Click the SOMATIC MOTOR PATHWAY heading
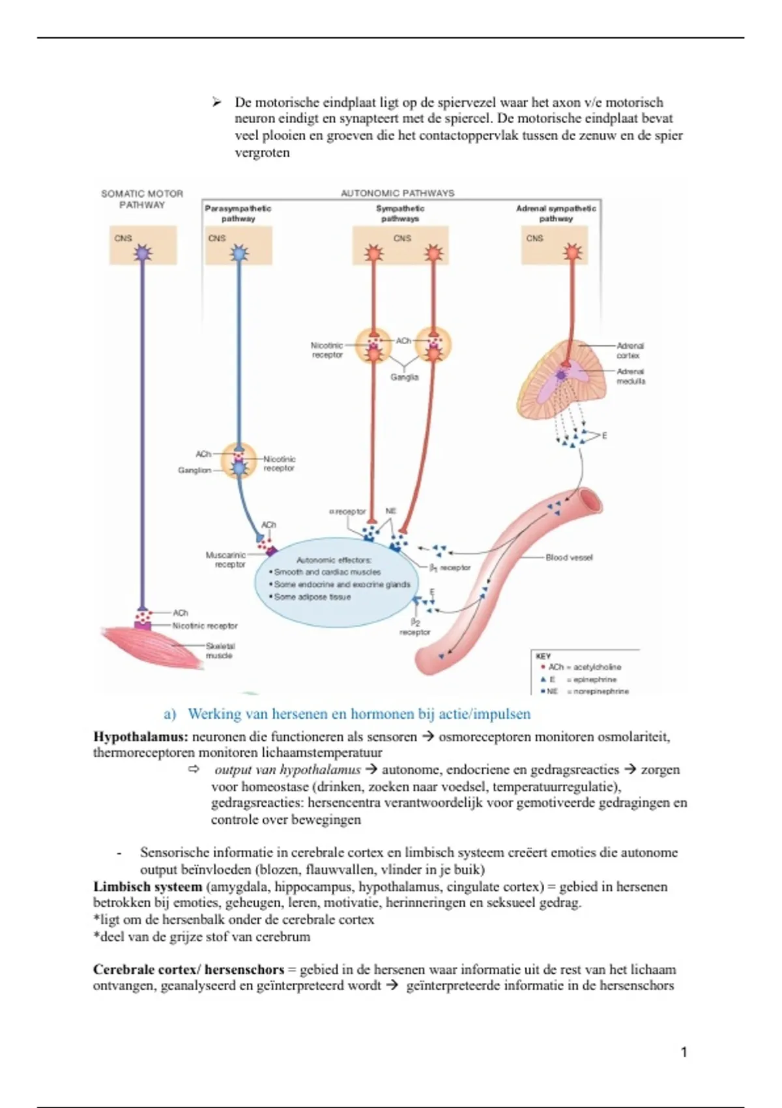[142, 199]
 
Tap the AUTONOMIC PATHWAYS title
[398, 193]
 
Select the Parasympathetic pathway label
[238, 213]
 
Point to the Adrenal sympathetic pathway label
[556, 213]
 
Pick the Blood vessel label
[569, 557]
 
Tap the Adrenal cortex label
[630, 351]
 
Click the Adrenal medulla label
[631, 375]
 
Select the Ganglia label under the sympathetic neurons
[404, 377]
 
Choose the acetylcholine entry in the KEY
[584, 667]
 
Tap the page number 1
[684, 1052]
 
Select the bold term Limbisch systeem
[147, 886]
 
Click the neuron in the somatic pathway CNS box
[142, 254]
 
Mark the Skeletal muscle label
[220, 650]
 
